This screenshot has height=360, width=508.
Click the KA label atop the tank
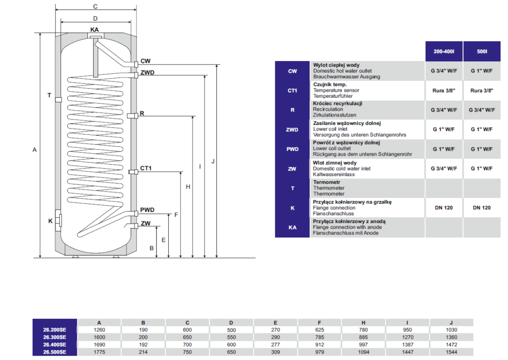[95, 30]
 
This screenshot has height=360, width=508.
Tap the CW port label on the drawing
[145, 61]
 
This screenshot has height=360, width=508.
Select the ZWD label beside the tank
[147, 73]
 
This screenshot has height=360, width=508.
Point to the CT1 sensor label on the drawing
[145, 169]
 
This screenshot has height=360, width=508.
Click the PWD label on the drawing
[147, 209]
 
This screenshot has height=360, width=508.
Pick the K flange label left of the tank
[50, 221]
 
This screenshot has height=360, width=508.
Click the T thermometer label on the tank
[49, 95]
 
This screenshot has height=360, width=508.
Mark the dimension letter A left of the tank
[34, 149]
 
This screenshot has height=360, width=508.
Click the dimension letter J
[212, 161]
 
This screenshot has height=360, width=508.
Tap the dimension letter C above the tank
[95, 6]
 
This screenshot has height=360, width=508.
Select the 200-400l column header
[444, 51]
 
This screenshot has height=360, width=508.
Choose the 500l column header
[481, 51]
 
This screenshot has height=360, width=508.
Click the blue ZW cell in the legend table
[293, 169]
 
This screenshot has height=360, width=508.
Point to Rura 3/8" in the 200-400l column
[444, 90]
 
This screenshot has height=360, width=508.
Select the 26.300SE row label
[55, 337]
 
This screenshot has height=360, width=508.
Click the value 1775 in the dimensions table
[100, 352]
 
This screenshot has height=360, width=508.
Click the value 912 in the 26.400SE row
[319, 345]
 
